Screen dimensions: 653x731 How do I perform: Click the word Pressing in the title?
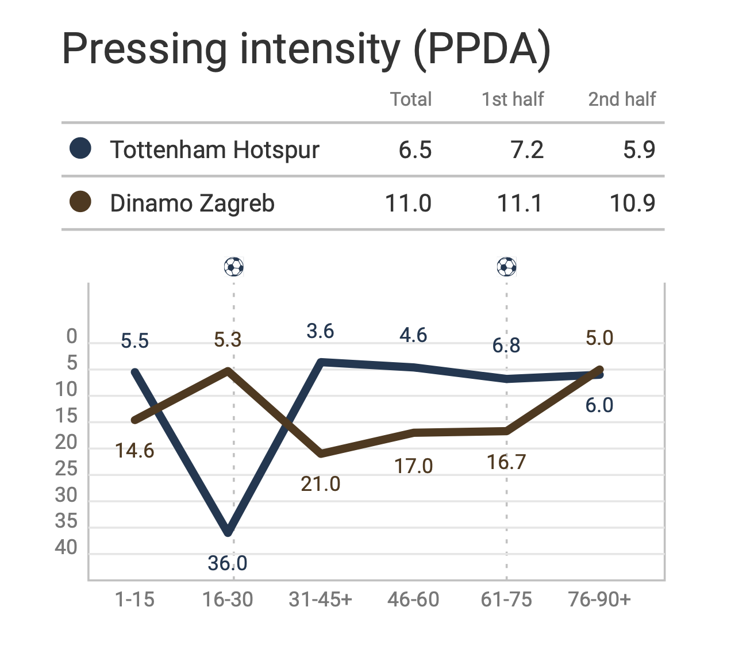(144, 49)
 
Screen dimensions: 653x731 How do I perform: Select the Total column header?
(411, 99)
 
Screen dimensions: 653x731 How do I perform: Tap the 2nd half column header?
(622, 99)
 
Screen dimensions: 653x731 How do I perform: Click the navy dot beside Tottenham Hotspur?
(80, 148)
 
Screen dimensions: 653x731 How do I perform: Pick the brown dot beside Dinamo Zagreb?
(80, 202)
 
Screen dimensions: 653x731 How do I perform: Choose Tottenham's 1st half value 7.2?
(527, 150)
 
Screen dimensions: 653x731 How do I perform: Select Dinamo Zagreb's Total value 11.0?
(408, 203)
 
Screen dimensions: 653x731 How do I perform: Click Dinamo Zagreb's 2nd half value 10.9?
(632, 203)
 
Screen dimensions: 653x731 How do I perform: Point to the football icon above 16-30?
(234, 267)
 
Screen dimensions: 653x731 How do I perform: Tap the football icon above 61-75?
(506, 267)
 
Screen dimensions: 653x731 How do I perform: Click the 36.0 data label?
(228, 563)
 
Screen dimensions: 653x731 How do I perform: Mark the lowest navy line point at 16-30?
(229, 532)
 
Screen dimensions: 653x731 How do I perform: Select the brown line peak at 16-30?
(229, 370)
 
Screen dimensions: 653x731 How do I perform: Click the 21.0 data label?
(321, 484)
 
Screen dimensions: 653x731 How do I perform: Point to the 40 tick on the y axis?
(66, 548)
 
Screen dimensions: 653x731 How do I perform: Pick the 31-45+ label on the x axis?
(320, 600)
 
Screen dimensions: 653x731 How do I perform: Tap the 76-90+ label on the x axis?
(599, 600)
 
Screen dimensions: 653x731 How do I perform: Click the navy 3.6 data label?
(320, 331)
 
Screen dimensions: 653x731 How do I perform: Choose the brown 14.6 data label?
(134, 451)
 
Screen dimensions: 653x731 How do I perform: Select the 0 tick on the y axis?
(72, 336)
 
